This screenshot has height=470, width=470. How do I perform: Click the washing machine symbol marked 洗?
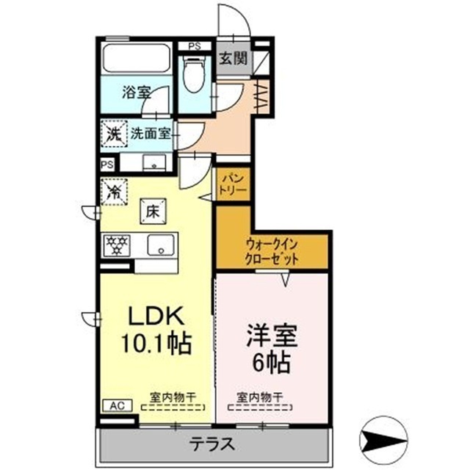113,134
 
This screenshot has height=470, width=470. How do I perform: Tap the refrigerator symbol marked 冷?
114,192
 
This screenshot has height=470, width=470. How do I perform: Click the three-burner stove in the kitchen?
116,245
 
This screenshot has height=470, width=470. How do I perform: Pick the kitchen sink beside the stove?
159,245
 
